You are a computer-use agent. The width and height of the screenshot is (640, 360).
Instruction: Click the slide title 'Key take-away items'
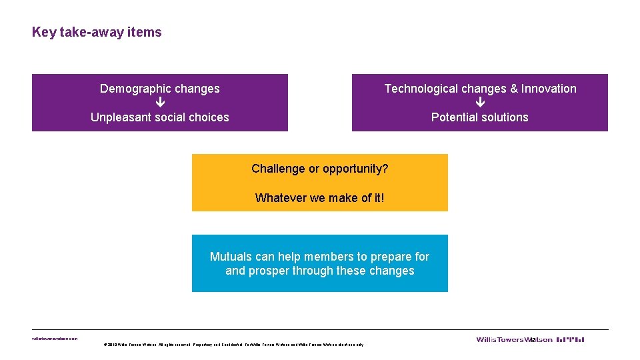97,32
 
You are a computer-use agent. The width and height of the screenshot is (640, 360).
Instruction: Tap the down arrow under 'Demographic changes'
160,103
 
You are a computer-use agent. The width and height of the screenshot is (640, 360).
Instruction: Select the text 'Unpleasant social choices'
160,117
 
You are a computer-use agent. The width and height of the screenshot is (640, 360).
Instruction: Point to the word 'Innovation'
549,89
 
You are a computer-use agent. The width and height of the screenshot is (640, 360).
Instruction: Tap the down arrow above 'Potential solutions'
480,103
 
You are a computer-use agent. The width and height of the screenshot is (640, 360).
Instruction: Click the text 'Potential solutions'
480,117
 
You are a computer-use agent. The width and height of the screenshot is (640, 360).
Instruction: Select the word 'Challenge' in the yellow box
278,169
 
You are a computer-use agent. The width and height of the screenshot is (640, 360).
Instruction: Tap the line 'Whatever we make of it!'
320,198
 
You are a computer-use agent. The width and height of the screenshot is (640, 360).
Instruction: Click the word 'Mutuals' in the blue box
231,257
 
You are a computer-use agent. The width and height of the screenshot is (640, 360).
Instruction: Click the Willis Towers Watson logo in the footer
530,339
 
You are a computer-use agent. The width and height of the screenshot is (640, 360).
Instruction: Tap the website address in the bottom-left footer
55,339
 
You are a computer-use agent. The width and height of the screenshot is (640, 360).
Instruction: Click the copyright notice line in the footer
233,345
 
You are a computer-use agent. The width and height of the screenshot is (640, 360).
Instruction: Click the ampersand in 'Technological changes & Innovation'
513,89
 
